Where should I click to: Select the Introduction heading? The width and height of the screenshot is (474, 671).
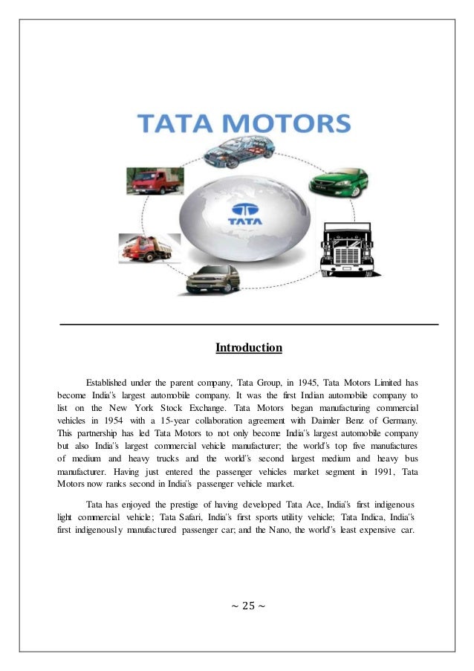pyautogui.click(x=249, y=347)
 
